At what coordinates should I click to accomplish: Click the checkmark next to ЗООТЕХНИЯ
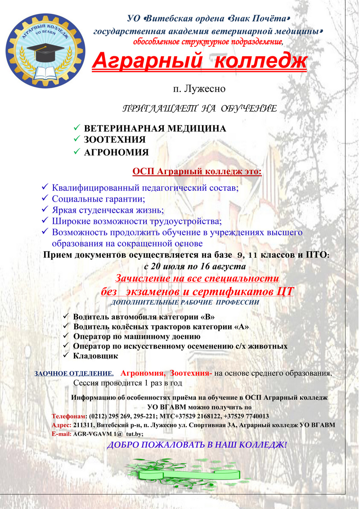click(x=76, y=139)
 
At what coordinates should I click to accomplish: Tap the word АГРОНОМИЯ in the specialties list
click(x=116, y=153)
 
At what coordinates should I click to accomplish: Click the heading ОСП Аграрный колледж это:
click(x=197, y=172)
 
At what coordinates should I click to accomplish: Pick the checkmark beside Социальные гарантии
click(x=44, y=198)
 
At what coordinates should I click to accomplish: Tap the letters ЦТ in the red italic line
click(x=284, y=292)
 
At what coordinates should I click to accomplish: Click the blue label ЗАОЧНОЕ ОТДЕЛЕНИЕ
click(x=74, y=374)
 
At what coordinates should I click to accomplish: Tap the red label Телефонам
click(x=68, y=416)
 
